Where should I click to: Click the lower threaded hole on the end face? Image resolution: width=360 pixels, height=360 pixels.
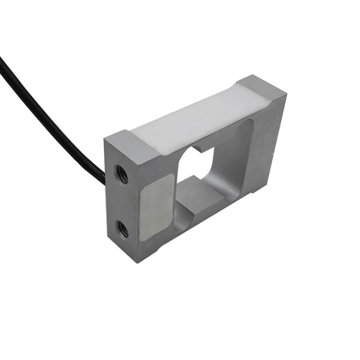click(122, 229)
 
